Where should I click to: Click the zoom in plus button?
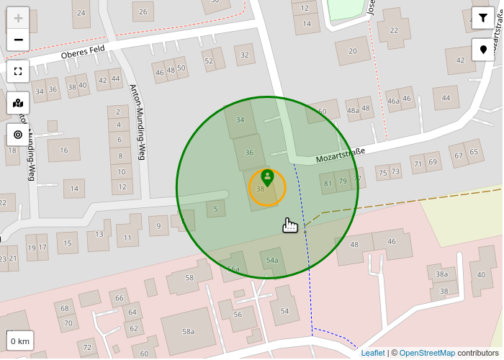(18, 19)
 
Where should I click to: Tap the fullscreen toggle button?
(18, 71)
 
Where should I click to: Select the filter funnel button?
(483, 18)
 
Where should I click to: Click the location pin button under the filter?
(483, 50)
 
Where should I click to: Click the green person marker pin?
(267, 177)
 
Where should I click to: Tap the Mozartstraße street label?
(341, 155)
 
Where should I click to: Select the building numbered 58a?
(188, 331)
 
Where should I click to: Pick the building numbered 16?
(64, 150)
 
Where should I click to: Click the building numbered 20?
(352, 51)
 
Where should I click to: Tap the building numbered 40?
(481, 274)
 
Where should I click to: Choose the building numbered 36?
(249, 152)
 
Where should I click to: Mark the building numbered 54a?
(272, 261)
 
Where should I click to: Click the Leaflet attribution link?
(373, 353)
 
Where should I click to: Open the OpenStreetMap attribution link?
(427, 353)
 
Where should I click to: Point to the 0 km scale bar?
(20, 341)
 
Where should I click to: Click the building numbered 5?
(215, 210)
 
